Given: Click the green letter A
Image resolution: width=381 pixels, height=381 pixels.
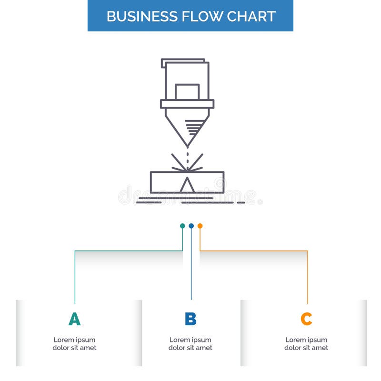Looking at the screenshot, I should coord(74,319).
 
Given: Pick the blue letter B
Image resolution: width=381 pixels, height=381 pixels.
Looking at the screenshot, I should coord(190,319).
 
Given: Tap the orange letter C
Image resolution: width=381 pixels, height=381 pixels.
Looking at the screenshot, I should coord(306,319).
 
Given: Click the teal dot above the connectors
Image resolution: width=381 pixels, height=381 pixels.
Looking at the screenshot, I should coord(182,226).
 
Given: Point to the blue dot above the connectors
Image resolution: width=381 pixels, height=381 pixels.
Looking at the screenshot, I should coord(191,226).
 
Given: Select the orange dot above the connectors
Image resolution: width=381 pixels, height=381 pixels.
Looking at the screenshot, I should coord(200,226).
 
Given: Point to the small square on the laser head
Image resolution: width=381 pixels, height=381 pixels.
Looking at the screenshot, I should coord(187,91).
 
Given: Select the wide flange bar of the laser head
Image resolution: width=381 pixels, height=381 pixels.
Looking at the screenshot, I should coord(187,104).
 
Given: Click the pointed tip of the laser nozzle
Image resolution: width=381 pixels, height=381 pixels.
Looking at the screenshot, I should coord(187,145).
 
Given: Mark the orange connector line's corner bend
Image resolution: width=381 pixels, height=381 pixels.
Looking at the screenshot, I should coord(307,251).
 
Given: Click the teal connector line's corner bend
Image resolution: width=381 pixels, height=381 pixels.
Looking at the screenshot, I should coord(75,251).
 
